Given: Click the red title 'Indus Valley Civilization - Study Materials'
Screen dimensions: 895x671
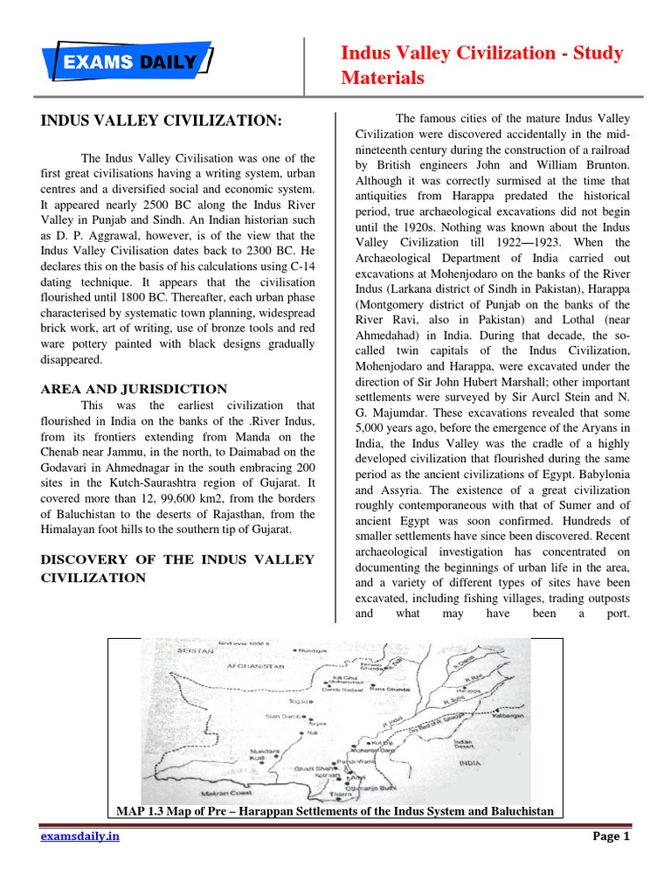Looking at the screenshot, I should click(x=481, y=66).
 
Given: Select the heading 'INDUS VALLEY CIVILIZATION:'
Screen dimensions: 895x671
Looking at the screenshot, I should click(x=162, y=120).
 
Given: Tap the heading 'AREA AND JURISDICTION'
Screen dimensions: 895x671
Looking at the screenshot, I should click(x=134, y=389).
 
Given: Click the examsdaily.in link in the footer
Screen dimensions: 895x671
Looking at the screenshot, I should click(x=80, y=836).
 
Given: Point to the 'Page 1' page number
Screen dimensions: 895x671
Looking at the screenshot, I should click(x=611, y=836).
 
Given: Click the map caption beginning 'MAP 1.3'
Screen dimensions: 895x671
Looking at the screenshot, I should click(x=335, y=811).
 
